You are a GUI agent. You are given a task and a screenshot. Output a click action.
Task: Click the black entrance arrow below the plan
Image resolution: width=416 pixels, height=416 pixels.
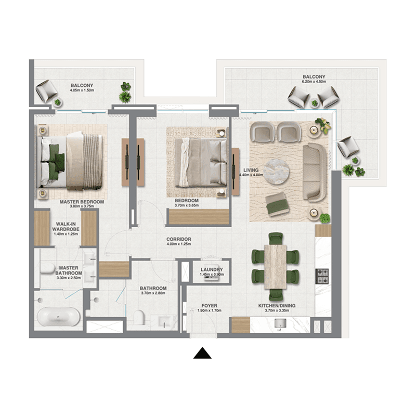[x=202, y=353]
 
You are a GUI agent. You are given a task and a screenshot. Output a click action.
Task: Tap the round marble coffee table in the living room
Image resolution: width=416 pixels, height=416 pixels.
[x=276, y=172]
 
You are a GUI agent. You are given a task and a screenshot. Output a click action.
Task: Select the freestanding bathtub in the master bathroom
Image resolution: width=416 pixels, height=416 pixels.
[x=58, y=317]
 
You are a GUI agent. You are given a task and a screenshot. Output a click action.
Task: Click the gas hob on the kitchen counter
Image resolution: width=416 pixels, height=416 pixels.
[x=322, y=276]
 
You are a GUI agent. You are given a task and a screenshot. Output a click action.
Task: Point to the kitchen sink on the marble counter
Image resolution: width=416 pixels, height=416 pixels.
[x=280, y=323]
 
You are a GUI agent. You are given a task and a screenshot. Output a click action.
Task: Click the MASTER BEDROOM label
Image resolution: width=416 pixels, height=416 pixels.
[x=82, y=202]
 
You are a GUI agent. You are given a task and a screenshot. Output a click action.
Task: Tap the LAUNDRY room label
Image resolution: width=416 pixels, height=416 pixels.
[x=212, y=269]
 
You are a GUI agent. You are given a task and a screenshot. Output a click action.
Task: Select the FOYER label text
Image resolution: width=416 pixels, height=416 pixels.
[x=210, y=306]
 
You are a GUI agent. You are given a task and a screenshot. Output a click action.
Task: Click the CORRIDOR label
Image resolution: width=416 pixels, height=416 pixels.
[x=179, y=239]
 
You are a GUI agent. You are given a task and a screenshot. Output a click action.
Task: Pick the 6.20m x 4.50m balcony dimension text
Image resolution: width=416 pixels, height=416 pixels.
[x=314, y=82]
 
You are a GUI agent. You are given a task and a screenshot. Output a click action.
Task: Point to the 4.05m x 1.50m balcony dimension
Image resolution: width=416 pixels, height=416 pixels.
[x=82, y=90]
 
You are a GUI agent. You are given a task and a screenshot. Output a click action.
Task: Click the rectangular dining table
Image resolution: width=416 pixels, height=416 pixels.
[x=276, y=267]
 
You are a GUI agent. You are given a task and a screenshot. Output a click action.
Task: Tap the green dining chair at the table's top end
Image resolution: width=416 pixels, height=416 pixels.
[x=276, y=238]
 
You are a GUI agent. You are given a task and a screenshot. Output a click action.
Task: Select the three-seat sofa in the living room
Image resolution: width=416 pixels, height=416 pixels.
[x=315, y=173]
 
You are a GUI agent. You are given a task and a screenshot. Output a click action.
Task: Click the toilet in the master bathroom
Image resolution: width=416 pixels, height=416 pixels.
[x=48, y=268]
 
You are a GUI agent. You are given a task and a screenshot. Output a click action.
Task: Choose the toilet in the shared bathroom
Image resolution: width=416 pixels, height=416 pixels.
[x=139, y=317]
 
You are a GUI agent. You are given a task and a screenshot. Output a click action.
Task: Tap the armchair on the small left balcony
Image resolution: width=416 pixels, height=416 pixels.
[x=46, y=91]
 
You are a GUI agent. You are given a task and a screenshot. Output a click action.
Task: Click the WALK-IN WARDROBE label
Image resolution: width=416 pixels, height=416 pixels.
[x=66, y=227]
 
